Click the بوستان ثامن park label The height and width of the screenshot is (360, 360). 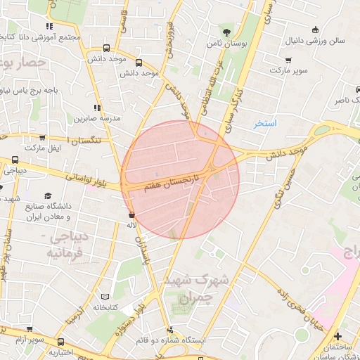[x=225, y=44]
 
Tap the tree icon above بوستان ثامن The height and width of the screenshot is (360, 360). [x=225, y=32]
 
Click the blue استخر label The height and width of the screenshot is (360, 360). [x=266, y=124]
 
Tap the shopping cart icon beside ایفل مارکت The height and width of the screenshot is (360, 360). [x=42, y=138]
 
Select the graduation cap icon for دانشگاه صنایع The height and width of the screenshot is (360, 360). [x=48, y=195]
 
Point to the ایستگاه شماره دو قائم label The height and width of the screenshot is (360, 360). [x=208, y=340]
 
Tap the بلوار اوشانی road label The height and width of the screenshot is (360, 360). [x=86, y=179]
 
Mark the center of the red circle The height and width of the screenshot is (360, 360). [x=180, y=179]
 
